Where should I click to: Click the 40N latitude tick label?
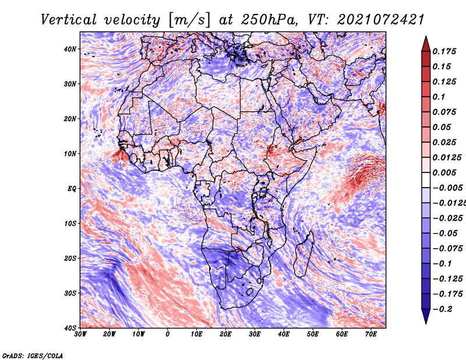pyautogui.click(x=70, y=49)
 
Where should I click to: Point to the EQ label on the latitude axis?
pyautogui.click(x=72, y=189)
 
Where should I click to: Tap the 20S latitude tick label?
pyautogui.click(x=70, y=258)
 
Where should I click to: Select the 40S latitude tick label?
pyautogui.click(x=70, y=328)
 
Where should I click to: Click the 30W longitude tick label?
pyautogui.click(x=80, y=334)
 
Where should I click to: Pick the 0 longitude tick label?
pyautogui.click(x=168, y=334)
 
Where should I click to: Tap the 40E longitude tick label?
pyautogui.click(x=284, y=334)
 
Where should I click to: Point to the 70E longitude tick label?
pyautogui.click(x=371, y=334)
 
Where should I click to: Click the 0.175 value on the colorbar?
pyautogui.click(x=444, y=51)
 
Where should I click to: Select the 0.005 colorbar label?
pyautogui.click(x=444, y=172)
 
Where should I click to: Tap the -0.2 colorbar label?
pyautogui.click(x=443, y=309)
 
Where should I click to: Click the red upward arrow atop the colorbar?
pyautogui.click(x=426, y=44)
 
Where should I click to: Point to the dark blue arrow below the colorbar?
pyautogui.click(x=426, y=316)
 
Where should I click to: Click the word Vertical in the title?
pyautogui.click(x=69, y=20)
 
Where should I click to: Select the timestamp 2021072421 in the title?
pyautogui.click(x=381, y=20)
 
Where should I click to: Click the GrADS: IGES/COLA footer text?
pyautogui.click(x=33, y=356)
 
